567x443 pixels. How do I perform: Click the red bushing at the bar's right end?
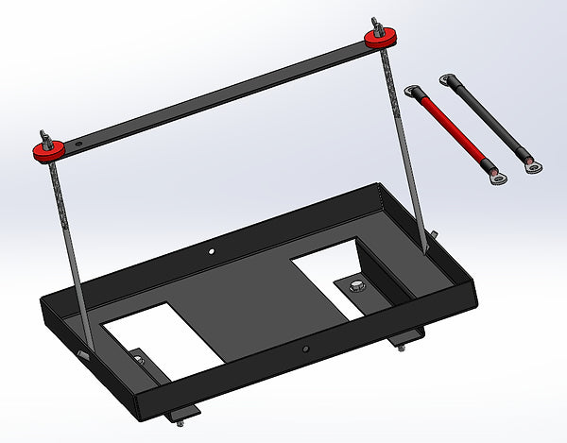(x=379, y=37)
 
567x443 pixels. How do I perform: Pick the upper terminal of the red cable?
(x=411, y=92)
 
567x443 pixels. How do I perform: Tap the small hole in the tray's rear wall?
(x=213, y=252)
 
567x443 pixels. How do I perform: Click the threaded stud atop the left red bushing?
(x=42, y=134)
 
